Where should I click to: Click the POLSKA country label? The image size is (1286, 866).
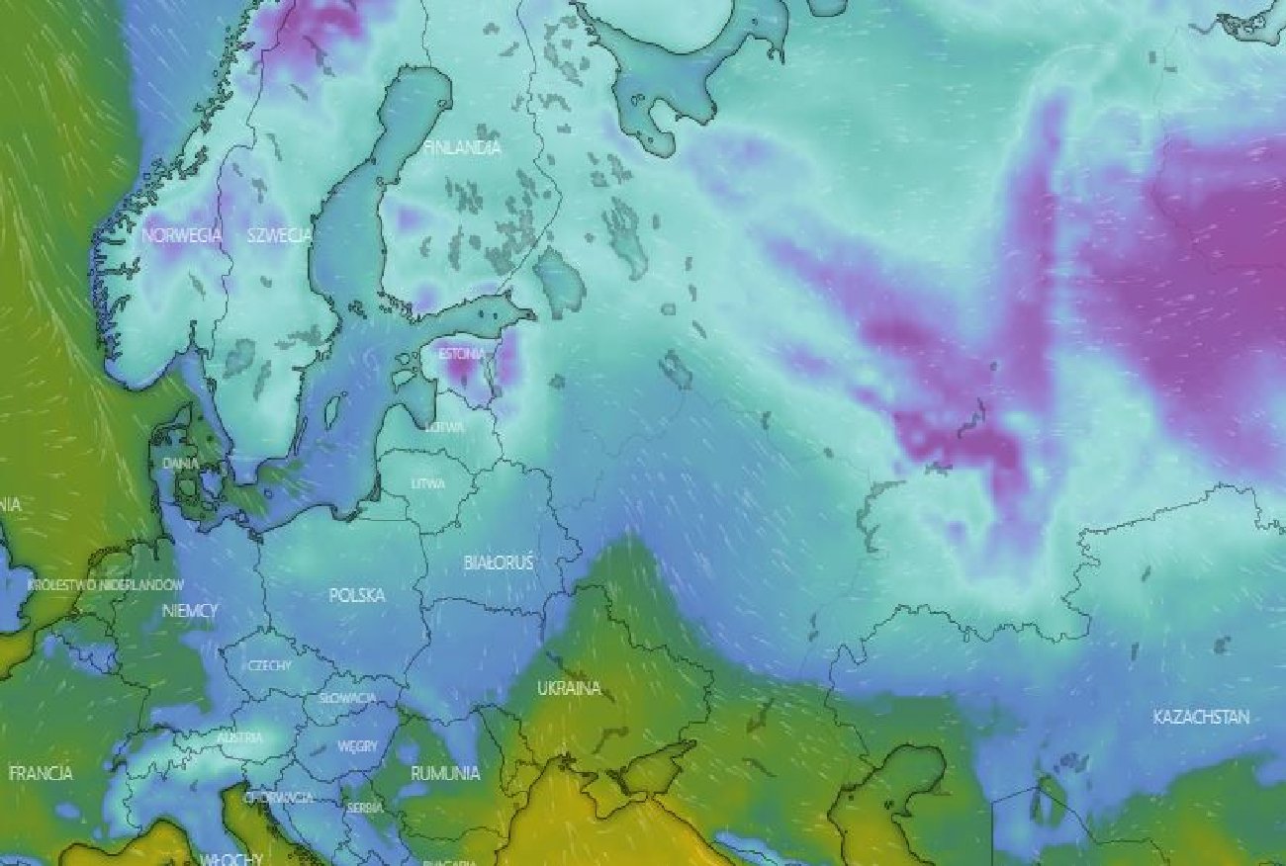coord(357,595)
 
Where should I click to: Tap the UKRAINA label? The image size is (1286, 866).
coord(569,688)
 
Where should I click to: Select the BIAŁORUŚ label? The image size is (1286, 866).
coord(499,563)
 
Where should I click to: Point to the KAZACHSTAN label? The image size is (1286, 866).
coord(1201,717)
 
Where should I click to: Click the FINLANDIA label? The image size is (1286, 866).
coord(462,147)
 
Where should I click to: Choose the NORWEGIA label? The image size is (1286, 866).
coord(182,235)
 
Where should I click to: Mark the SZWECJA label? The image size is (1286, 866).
coord(280,235)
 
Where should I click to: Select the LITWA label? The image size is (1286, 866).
coord(427,483)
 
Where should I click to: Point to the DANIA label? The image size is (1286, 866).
coord(180,463)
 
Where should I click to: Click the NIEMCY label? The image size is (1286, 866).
coord(189,612)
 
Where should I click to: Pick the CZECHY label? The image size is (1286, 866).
coord(269,665)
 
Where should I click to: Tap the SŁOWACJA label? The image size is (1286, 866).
coord(347,698)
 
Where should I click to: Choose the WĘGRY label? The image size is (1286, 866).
coord(357,746)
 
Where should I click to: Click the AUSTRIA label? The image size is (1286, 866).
coord(240,737)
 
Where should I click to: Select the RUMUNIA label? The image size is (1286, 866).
coord(445,772)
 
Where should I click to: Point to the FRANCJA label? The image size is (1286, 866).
coord(41,773)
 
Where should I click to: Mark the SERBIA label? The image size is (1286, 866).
coord(364,807)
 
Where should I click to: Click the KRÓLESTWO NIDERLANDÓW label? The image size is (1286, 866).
coord(107,584)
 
